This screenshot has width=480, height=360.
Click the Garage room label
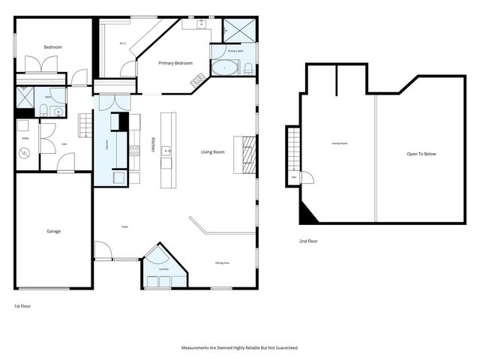click(x=52, y=231)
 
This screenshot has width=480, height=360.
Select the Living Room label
click(x=213, y=152)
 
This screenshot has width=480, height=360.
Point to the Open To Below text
click(x=421, y=154)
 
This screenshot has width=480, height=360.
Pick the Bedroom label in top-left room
click(x=52, y=47)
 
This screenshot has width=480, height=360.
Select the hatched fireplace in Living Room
click(x=244, y=154)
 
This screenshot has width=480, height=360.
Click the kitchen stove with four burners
click(x=135, y=150)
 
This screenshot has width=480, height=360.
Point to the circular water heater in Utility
click(x=24, y=153)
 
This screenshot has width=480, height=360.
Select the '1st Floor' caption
click(x=22, y=306)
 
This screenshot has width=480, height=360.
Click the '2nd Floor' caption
click(x=308, y=241)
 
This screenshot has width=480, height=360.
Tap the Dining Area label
click(x=222, y=262)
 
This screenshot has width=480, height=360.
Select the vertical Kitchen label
click(x=154, y=145)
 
